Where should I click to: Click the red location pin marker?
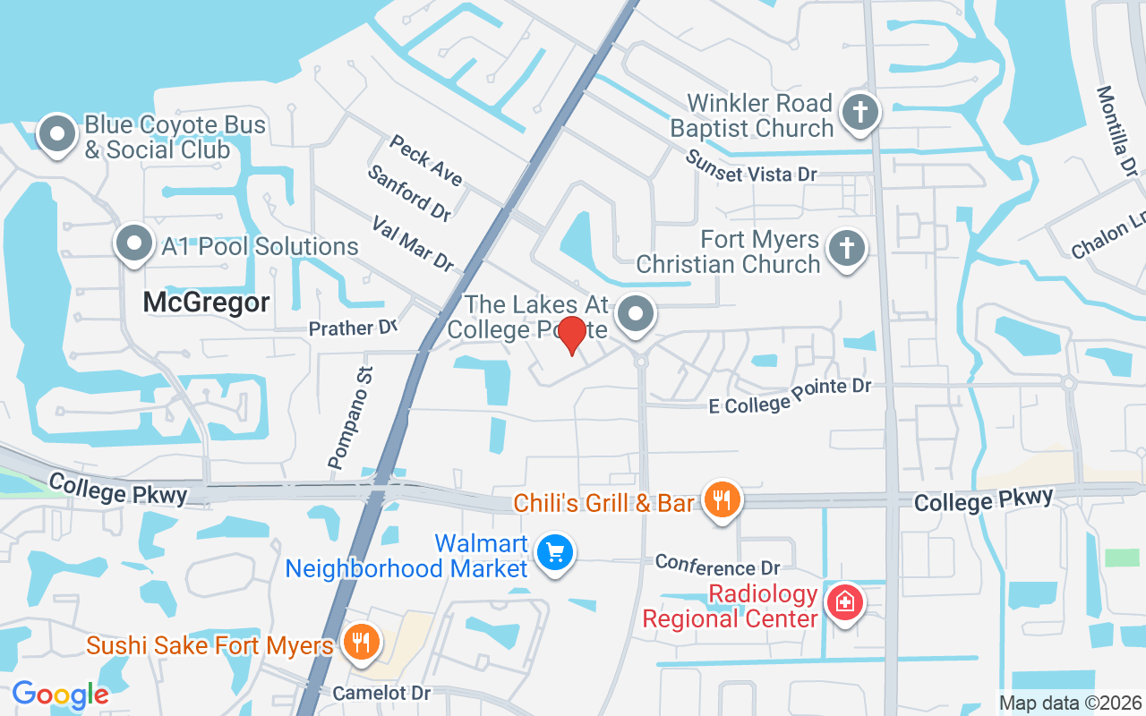tap(571, 334)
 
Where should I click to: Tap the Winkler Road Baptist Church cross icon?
tap(859, 112)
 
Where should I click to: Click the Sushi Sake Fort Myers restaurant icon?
tap(361, 643)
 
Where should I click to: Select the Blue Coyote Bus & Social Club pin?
tap(57, 134)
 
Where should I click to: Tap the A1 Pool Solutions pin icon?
tap(133, 243)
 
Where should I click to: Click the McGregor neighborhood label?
tap(206, 303)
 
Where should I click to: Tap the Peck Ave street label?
tap(426, 160)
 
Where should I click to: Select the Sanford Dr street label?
tap(409, 192)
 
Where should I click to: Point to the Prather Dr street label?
tap(352, 328)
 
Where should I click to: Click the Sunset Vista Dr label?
tap(751, 166)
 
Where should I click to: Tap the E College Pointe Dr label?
tap(790, 395)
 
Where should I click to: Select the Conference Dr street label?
tap(717, 565)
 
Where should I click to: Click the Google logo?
tap(60, 694)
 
